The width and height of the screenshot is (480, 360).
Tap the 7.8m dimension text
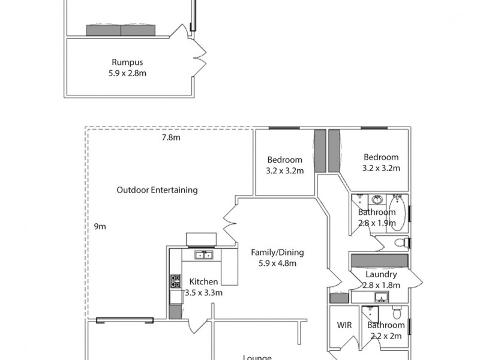(171, 137)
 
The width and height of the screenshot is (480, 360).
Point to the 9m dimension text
(100, 226)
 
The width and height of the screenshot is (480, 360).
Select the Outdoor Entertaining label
(157, 190)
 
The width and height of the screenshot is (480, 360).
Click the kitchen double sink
(203, 255)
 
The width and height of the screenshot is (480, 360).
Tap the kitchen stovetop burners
(176, 281)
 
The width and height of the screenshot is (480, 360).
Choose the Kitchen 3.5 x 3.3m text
(203, 287)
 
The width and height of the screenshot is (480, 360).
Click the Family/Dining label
(277, 257)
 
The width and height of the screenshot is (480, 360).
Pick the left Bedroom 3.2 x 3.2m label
(285, 165)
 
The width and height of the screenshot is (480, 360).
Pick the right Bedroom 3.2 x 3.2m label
(382, 163)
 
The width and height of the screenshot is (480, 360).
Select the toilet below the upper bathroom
(400, 243)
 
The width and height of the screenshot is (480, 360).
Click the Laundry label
(381, 280)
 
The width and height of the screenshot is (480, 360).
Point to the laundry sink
(380, 297)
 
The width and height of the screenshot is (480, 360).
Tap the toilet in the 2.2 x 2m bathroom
(396, 313)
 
